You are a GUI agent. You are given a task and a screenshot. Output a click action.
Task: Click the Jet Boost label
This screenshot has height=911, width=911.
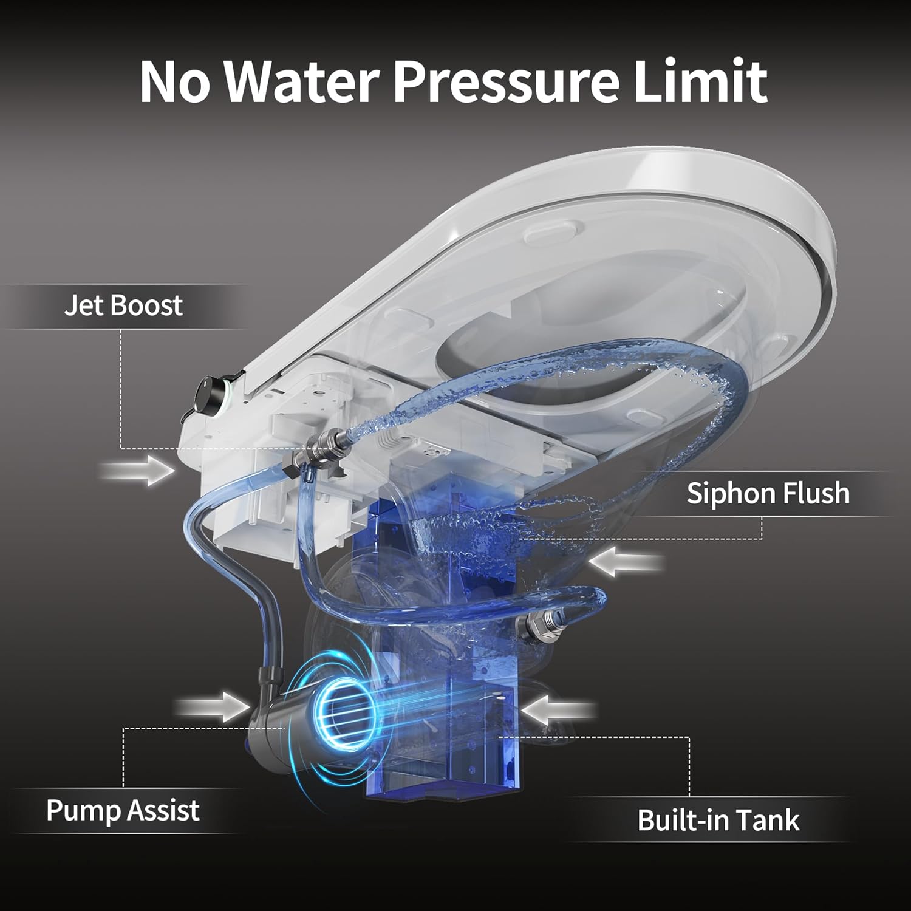tap(123, 305)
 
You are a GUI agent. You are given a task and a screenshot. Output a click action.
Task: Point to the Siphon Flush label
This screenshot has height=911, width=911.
tap(768, 493)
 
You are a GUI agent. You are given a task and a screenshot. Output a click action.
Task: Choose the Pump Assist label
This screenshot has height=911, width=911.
tap(123, 810)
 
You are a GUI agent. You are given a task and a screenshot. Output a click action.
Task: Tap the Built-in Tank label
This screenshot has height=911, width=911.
tap(718, 820)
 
